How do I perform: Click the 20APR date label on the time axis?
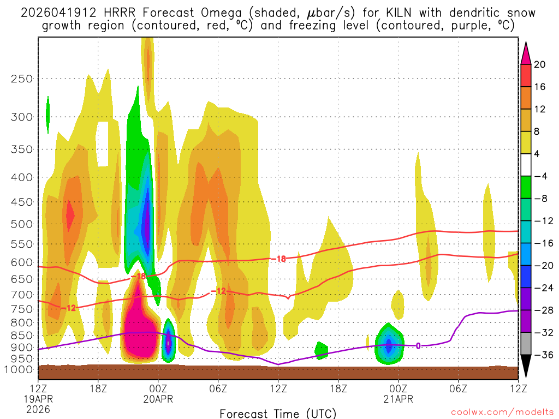point(158,399)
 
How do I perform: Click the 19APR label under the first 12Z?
point(38,399)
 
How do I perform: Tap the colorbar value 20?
point(540,64)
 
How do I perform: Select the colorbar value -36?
point(540,355)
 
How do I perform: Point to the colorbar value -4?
point(540,176)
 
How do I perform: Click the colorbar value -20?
point(540,266)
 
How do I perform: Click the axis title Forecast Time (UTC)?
point(278,413)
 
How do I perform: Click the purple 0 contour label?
point(418,345)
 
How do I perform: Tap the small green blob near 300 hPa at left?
point(48,114)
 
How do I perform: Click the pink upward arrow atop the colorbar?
point(526,51)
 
